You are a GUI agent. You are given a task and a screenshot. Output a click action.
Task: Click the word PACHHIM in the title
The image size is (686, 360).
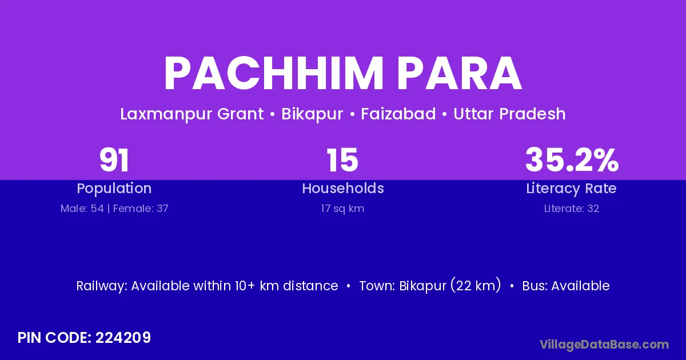click(x=273, y=74)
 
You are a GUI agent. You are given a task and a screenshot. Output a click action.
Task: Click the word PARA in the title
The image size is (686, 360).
click(x=459, y=74)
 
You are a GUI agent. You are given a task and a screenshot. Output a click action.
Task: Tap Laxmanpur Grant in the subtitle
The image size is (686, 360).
click(x=192, y=114)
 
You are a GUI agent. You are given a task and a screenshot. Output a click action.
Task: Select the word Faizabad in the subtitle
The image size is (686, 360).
click(x=398, y=114)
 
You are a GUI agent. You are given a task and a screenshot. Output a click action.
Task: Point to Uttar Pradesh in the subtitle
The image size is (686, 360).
click(x=509, y=114)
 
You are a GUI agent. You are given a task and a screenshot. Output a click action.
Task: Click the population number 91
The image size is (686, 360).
click(x=114, y=160)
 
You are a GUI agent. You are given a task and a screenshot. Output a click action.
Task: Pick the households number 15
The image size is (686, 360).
click(x=342, y=160)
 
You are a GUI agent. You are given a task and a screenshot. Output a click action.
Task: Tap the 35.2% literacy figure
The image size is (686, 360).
click(x=572, y=160)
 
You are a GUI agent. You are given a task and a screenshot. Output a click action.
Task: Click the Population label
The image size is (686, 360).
click(x=114, y=189)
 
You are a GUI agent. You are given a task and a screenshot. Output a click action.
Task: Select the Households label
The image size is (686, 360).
click(x=343, y=188)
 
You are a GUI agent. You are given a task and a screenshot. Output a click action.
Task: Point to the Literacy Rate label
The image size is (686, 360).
click(x=571, y=189)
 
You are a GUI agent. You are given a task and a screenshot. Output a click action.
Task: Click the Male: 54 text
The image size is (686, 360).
click(x=82, y=209)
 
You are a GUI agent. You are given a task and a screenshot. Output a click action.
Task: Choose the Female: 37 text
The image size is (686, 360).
click(x=141, y=209)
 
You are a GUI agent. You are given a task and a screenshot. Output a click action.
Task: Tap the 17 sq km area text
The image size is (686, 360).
click(x=342, y=209)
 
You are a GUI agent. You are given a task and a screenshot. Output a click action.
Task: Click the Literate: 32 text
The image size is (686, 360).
click(x=572, y=209)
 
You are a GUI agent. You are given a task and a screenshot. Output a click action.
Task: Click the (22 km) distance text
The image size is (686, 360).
click(x=476, y=285)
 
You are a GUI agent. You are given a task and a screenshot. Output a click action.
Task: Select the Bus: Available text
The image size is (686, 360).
click(x=565, y=286)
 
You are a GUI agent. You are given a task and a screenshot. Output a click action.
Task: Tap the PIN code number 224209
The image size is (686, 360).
click(x=123, y=338)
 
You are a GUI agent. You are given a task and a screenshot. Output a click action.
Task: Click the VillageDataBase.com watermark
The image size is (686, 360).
click(x=604, y=345)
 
